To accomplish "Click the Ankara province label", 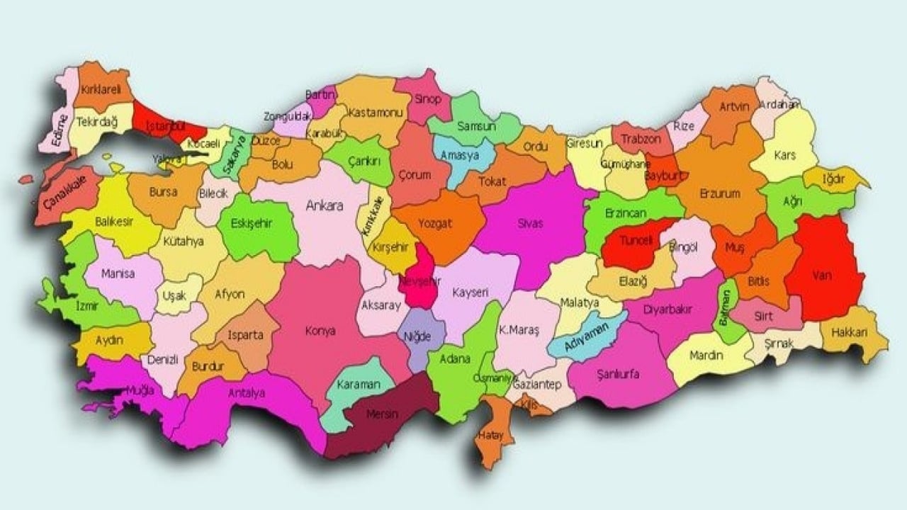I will (324, 206).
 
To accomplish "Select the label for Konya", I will (320, 331).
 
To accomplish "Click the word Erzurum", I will (719, 193).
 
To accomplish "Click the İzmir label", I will (86, 306).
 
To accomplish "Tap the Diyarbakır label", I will (667, 310).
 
